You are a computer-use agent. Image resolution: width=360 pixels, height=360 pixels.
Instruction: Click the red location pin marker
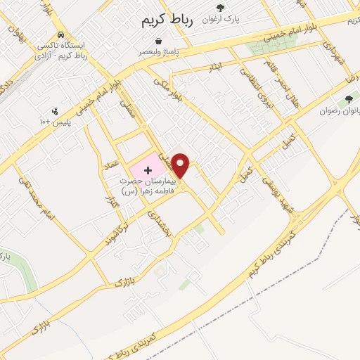coord(181,165)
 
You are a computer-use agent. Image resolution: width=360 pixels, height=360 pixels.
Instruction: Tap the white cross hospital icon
coord(148,170)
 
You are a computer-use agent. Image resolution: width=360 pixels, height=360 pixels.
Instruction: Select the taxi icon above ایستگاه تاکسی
coord(61,34)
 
